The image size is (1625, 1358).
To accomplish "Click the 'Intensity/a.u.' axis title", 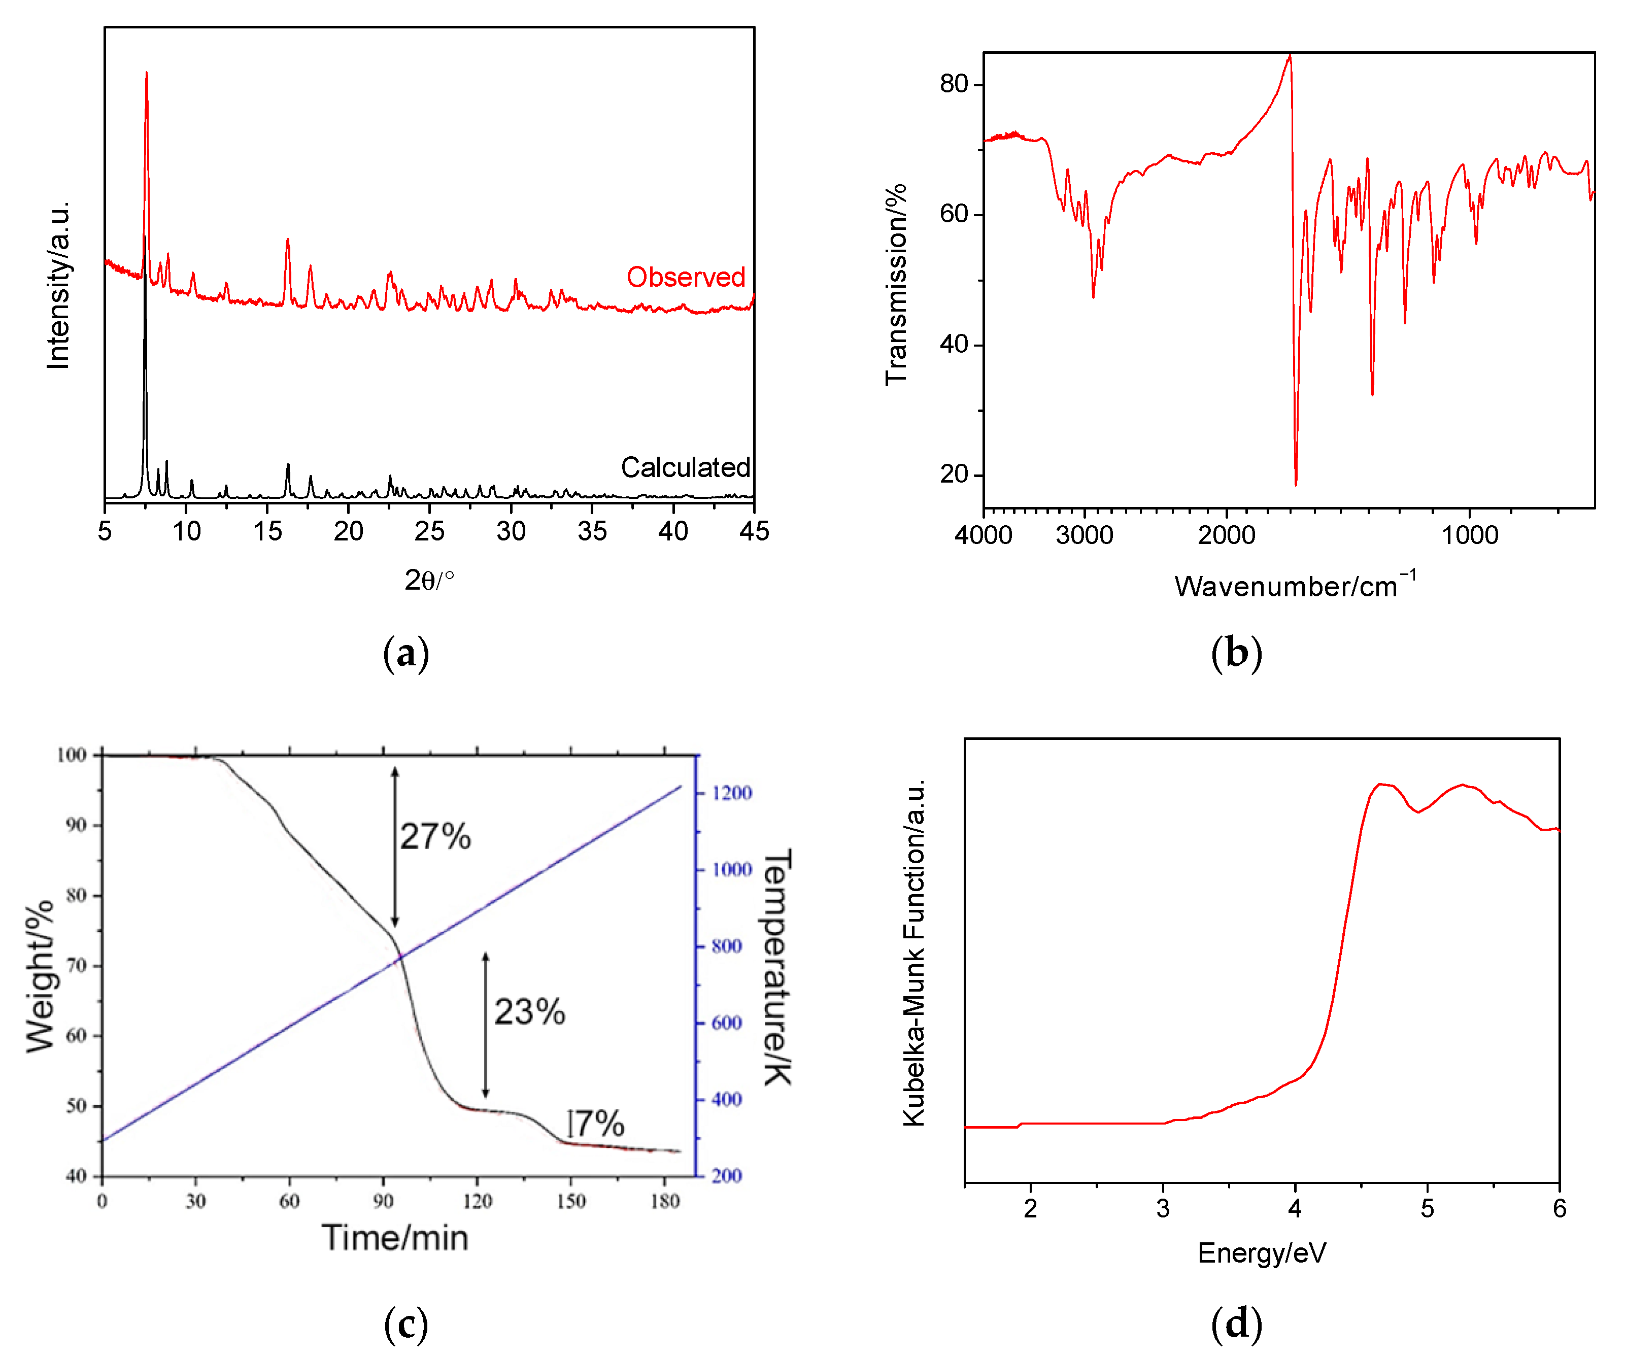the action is tap(58, 285).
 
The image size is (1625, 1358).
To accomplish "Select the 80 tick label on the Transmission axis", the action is tap(954, 84).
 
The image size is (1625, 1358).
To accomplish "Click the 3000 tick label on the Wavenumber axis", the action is tap(1084, 535).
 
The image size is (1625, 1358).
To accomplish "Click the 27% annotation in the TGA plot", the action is tap(435, 836).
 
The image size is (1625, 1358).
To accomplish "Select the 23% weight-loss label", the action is tap(529, 1012).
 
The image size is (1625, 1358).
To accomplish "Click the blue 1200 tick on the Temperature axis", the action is tap(731, 793).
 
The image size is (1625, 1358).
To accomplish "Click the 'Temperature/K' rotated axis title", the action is tap(777, 967).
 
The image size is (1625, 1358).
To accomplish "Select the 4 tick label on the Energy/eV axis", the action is tap(1295, 1209).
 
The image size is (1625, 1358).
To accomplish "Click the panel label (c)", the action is tap(405, 1324).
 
